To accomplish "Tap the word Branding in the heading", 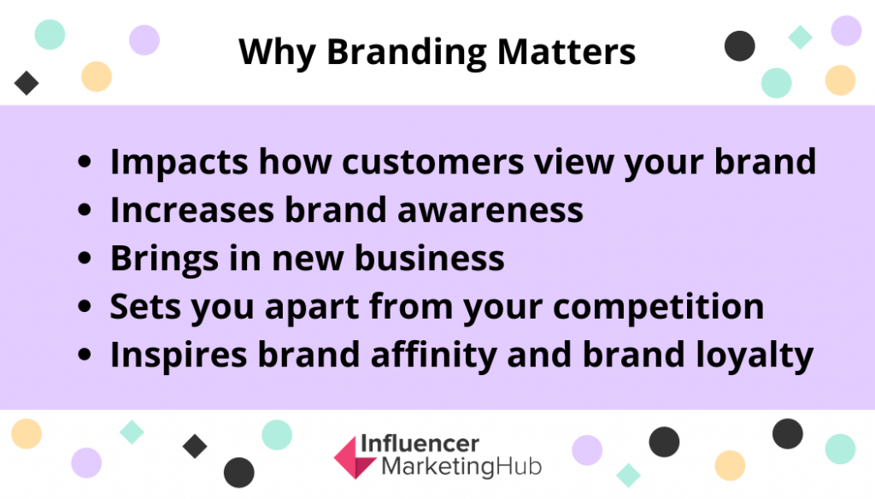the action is [406, 53].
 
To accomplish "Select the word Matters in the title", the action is [567, 52].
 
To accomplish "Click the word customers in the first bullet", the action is [433, 162].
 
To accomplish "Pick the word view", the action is [573, 161].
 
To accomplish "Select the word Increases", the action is [192, 210].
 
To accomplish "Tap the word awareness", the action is [490, 211].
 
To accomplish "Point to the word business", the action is [430, 258].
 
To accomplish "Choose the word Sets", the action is [145, 307].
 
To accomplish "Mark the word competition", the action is [659, 308].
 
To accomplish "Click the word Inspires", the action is [179, 355].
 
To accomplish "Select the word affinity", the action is [433, 355].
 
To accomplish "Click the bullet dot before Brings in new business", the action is [85, 258].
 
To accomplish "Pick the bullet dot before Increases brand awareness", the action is [85, 210].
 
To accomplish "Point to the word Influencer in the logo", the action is [420, 443].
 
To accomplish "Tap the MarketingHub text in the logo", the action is [461, 467].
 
